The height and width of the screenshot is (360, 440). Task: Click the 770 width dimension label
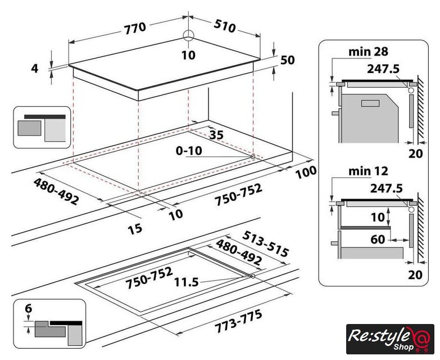point(135,26)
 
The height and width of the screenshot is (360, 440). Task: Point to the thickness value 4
point(35,68)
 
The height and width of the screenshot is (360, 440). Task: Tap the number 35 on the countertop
point(216,134)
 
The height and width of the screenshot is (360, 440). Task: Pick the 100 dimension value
point(305,171)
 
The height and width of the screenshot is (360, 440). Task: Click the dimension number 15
point(135,228)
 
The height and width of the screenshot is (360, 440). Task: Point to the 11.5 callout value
point(187,282)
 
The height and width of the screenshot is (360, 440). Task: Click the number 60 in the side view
point(378,240)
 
